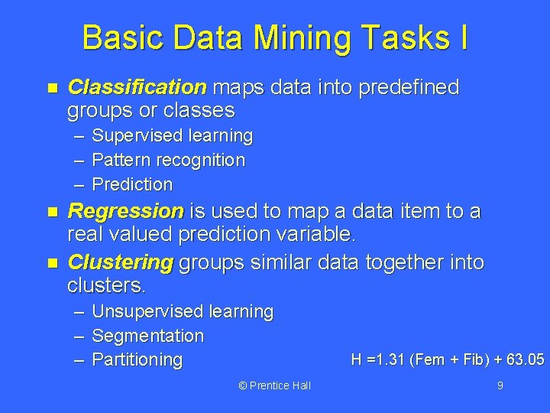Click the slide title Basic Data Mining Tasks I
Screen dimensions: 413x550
pos(275,37)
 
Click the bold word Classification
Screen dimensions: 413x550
pos(137,88)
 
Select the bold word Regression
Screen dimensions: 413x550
pos(126,211)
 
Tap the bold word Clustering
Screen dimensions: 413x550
pos(121,263)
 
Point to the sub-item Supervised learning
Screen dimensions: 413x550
pos(172,136)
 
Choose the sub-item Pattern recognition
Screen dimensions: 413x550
pos(168,161)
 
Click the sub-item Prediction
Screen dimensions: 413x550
pos(132,184)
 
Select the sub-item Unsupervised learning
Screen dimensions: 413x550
pos(182,312)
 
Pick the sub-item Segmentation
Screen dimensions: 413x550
pos(147,336)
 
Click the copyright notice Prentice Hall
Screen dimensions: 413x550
pos(274,385)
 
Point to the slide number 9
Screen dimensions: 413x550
pos(500,385)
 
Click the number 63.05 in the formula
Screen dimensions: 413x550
pos(525,359)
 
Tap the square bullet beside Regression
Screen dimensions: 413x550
pos(52,212)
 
